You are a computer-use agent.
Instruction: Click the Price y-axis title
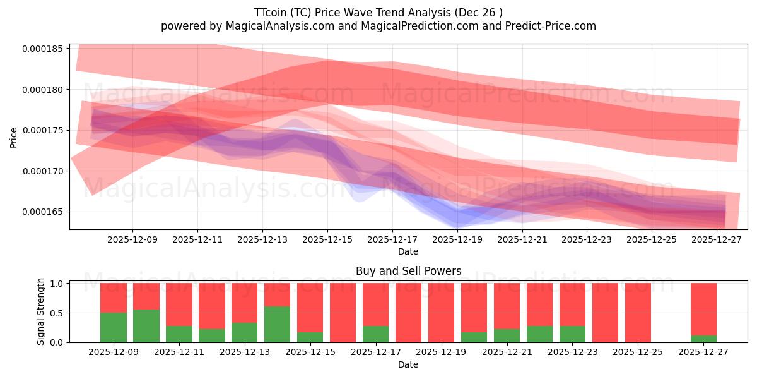click(14, 136)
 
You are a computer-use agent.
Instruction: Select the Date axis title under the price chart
click(408, 251)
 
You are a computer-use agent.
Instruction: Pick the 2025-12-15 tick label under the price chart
click(327, 240)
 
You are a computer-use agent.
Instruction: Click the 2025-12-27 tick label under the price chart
click(717, 240)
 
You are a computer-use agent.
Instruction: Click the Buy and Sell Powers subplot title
click(408, 271)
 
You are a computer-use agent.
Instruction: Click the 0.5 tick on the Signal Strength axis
click(56, 313)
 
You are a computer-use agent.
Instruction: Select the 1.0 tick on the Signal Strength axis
click(56, 284)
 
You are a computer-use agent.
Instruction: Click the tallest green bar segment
click(277, 324)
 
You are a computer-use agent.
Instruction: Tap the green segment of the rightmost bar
click(703, 339)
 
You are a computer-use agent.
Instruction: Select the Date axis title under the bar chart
click(408, 364)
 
